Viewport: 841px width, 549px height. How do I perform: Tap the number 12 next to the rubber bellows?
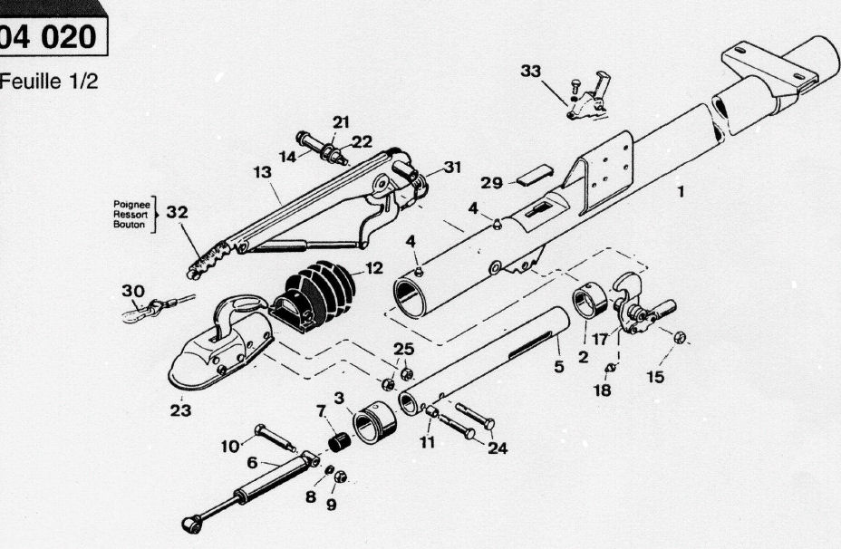pyautogui.click(x=373, y=268)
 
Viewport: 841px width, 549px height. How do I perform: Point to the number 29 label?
pyautogui.click(x=492, y=182)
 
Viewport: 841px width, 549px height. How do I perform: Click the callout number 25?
pyautogui.click(x=403, y=349)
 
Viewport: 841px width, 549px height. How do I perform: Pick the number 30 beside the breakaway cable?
pyautogui.click(x=133, y=291)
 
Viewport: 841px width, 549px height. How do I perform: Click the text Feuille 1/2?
pyautogui.click(x=48, y=81)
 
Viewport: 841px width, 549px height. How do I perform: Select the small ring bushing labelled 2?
pyautogui.click(x=589, y=302)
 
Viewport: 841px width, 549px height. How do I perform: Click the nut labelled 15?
pyautogui.click(x=680, y=337)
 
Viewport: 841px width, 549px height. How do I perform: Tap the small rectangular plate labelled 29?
pyautogui.click(x=535, y=172)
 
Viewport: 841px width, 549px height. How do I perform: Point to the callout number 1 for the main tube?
pyautogui.click(x=681, y=191)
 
